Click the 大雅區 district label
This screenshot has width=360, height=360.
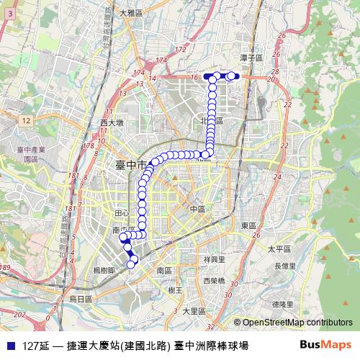point(132,13)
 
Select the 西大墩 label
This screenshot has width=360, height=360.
point(112,123)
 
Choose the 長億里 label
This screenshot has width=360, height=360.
point(284,266)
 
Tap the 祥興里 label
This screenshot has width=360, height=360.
point(214,259)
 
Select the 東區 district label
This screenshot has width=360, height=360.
point(248,225)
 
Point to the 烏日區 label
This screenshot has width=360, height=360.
point(81,298)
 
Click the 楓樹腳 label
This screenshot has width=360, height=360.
point(105,269)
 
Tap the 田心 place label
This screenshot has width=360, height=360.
point(122,213)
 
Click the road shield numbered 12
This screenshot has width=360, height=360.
point(26,120)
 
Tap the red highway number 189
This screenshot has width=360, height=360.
point(6,268)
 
